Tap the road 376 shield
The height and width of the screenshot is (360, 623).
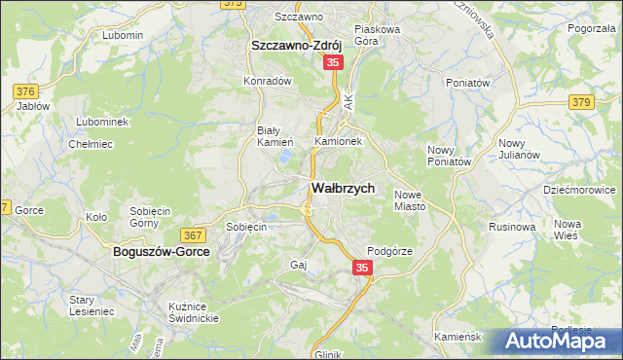25,91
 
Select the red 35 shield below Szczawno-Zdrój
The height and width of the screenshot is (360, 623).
333,62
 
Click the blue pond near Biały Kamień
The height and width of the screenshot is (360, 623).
284,155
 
